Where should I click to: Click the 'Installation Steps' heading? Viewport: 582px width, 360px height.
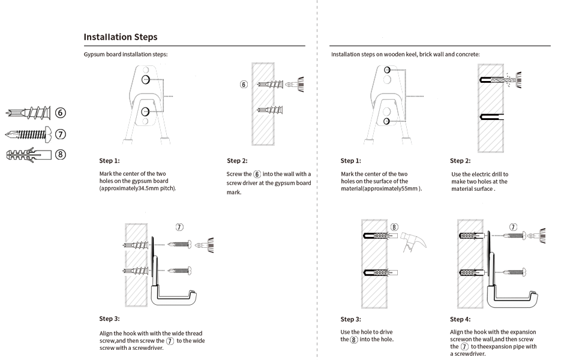[x=121, y=37]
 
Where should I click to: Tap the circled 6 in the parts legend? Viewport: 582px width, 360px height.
[x=61, y=113]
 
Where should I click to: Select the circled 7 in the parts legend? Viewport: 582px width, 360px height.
[x=61, y=134]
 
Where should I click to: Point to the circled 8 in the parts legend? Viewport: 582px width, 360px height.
[x=61, y=154]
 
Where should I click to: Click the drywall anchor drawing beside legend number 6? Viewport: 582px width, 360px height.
[x=29, y=113]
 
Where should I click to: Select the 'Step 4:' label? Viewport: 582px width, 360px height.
[x=460, y=319]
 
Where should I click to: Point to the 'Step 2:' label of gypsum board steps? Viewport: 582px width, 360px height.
[x=237, y=161]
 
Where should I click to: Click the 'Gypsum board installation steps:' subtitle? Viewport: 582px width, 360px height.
[x=125, y=55]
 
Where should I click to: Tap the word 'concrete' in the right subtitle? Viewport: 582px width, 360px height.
[x=467, y=55]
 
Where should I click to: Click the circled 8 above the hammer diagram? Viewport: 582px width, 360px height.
[x=394, y=227]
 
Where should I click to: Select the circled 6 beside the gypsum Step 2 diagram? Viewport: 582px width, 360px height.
[x=244, y=85]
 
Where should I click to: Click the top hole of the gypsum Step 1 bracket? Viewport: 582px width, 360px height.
[x=146, y=80]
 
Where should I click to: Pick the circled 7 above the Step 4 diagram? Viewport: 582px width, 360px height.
[x=513, y=227]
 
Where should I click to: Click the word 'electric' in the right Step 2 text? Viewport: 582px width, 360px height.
[x=482, y=174]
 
